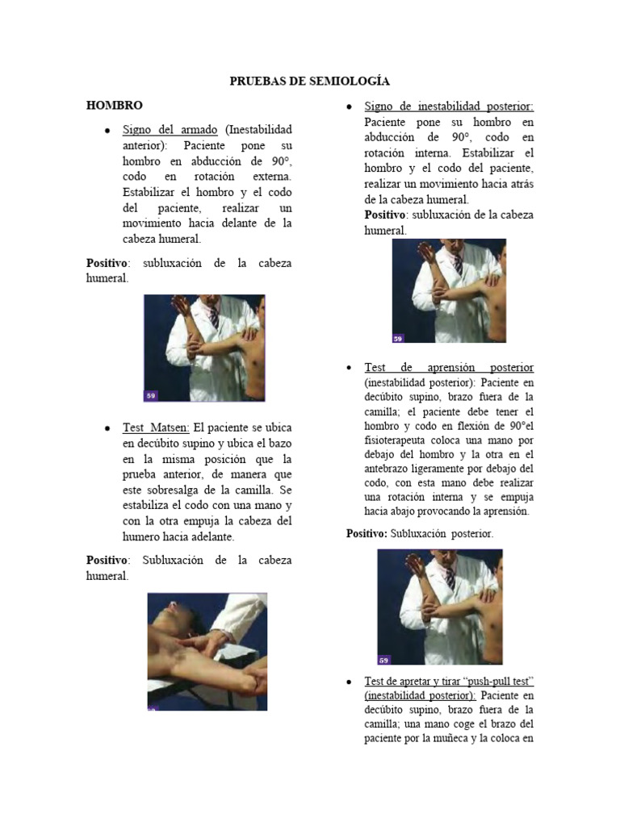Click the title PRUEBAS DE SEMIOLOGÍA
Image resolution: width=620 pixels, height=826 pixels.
tap(310, 81)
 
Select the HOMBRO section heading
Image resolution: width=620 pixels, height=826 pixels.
tap(115, 105)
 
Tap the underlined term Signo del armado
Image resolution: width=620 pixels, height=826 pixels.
tap(170, 130)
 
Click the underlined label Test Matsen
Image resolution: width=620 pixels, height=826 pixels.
tap(156, 428)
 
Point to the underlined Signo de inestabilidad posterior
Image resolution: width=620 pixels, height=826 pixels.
tap(449, 106)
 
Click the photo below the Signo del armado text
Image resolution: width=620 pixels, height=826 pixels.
tap(203, 348)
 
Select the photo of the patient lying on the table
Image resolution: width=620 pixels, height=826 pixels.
tap(207, 652)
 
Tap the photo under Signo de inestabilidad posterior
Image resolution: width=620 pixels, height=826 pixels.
tap(449, 291)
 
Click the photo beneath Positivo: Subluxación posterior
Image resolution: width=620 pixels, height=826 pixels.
tap(439, 607)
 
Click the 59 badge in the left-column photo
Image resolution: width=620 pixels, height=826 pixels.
tap(151, 395)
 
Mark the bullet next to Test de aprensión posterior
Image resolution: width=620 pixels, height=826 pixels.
tap(348, 368)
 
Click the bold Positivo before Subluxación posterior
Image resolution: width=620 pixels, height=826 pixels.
tap(367, 534)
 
